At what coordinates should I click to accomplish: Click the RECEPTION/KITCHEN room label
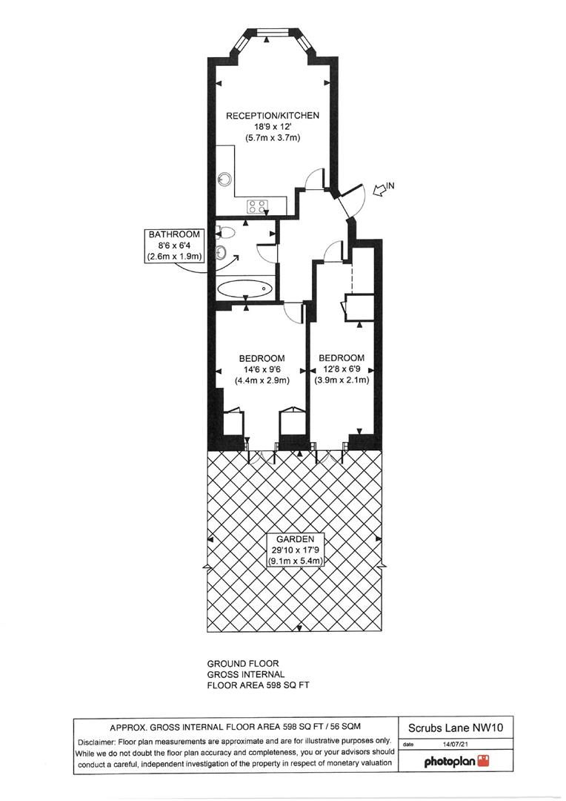click(x=272, y=116)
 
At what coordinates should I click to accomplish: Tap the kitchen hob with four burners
click(x=257, y=207)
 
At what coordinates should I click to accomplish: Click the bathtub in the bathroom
click(x=245, y=288)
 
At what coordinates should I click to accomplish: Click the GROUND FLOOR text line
click(x=242, y=664)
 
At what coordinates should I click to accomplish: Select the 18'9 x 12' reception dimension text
click(x=272, y=127)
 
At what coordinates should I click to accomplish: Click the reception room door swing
click(x=316, y=179)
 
